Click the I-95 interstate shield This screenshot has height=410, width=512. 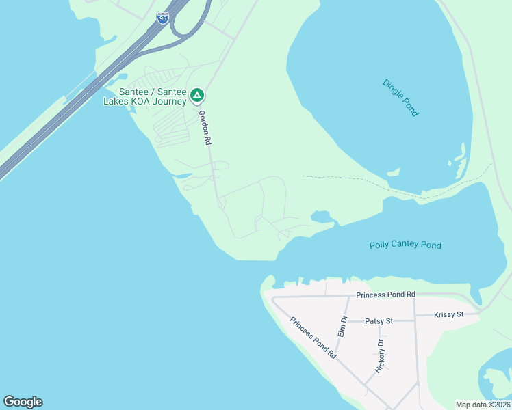click(162, 18)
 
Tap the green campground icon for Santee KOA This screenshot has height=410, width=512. click(197, 95)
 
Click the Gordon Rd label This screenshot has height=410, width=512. click(204, 128)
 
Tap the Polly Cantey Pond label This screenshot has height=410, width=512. click(405, 245)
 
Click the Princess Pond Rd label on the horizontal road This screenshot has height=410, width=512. click(385, 295)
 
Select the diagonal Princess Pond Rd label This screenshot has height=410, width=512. click(313, 338)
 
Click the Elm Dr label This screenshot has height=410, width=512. click(343, 325)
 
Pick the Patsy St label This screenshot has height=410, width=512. click(379, 320)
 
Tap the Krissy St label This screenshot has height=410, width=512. click(449, 314)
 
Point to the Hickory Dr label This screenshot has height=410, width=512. click(380, 355)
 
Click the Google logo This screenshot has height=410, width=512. click(23, 402)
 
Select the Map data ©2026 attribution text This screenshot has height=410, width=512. click(483, 405)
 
